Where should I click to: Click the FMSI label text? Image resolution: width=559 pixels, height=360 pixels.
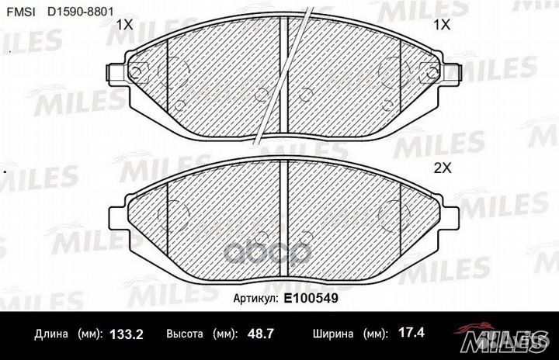click(22, 12)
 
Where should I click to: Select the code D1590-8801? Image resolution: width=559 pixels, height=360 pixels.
click(81, 12)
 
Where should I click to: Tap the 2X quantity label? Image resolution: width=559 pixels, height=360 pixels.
click(443, 168)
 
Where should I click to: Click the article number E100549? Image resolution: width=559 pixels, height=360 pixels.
click(311, 298)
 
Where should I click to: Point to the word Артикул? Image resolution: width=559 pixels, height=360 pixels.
click(255, 299)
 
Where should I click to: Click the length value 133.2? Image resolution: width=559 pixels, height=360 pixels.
click(127, 334)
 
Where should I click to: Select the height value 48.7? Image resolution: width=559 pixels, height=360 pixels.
click(261, 334)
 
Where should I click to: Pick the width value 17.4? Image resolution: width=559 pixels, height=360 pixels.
click(411, 333)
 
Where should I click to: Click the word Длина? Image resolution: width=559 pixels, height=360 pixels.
click(51, 334)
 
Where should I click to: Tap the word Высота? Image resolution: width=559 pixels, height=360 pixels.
click(185, 334)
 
